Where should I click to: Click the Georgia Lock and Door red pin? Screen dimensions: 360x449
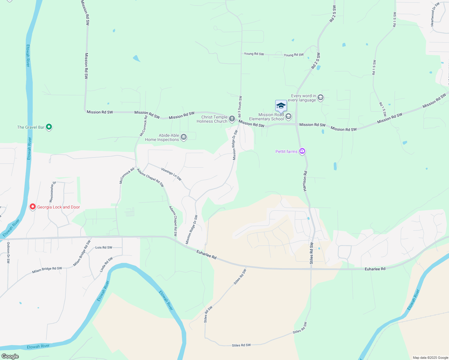pos(33,207)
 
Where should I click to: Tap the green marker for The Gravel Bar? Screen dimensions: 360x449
pos(49,127)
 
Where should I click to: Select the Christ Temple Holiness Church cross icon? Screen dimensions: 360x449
pos(232,119)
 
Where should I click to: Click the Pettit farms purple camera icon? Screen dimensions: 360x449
pos(302,151)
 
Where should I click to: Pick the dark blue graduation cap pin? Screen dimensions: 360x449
pos(281,106)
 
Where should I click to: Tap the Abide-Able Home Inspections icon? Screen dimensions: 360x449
pos(184,137)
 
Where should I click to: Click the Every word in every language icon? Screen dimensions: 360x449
pos(321,97)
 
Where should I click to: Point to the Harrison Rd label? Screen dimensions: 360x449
pos(305,181)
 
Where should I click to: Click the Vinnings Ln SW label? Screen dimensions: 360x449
pos(171,174)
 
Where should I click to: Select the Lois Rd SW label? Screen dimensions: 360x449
pos(104,247)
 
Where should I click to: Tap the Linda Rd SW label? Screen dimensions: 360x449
pos(106,265)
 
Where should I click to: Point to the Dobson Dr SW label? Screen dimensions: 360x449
pos(8,253)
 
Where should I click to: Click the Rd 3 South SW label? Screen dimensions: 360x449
pos(240,107)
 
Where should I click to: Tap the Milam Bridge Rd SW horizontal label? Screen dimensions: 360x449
pos(47,270)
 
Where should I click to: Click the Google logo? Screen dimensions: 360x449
pos(10,356)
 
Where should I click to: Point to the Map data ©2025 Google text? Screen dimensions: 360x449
pos(430,358)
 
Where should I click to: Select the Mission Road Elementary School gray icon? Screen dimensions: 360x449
pos(288,116)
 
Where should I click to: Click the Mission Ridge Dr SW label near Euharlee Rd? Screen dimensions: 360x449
pos(191,229)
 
